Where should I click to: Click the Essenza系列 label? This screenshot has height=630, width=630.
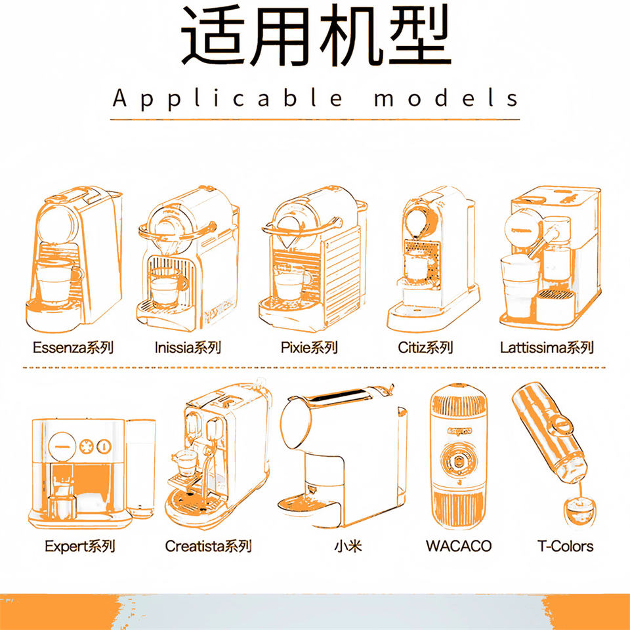point(73,347)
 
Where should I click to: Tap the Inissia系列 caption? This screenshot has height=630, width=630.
point(188,347)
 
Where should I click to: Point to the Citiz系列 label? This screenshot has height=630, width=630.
point(425,347)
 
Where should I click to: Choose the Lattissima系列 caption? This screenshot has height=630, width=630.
point(547,347)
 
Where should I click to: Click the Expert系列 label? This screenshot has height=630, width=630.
point(79,546)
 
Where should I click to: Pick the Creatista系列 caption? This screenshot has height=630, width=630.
point(208,546)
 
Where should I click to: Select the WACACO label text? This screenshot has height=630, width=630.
point(458,546)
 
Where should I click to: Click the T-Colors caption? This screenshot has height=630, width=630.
point(565,546)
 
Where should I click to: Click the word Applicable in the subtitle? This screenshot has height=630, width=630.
point(228,99)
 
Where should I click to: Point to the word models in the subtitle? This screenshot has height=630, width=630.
point(446,99)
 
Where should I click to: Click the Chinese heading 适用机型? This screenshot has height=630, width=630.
point(316,36)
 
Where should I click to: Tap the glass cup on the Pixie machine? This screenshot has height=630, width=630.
point(292,283)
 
